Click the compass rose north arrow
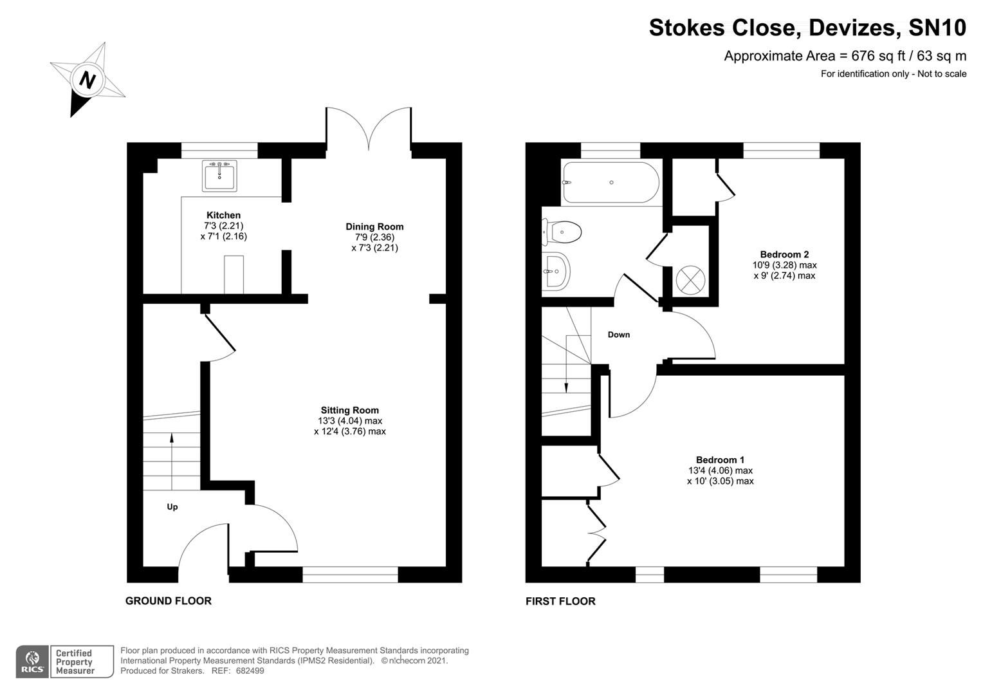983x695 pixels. point(87,80)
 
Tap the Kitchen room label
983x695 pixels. point(223,215)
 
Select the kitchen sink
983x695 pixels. point(219,176)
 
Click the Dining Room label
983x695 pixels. point(374,227)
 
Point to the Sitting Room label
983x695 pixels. point(350,410)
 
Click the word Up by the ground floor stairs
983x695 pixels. point(172,507)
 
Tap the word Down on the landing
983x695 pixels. point(619,335)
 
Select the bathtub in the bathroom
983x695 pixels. point(609,183)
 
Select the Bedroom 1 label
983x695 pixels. point(720,460)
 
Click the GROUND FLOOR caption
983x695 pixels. point(169,601)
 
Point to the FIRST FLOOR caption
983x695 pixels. point(560,602)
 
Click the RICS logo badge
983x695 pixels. point(33,662)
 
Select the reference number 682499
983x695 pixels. point(250,671)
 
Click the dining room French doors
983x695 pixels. point(369,127)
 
